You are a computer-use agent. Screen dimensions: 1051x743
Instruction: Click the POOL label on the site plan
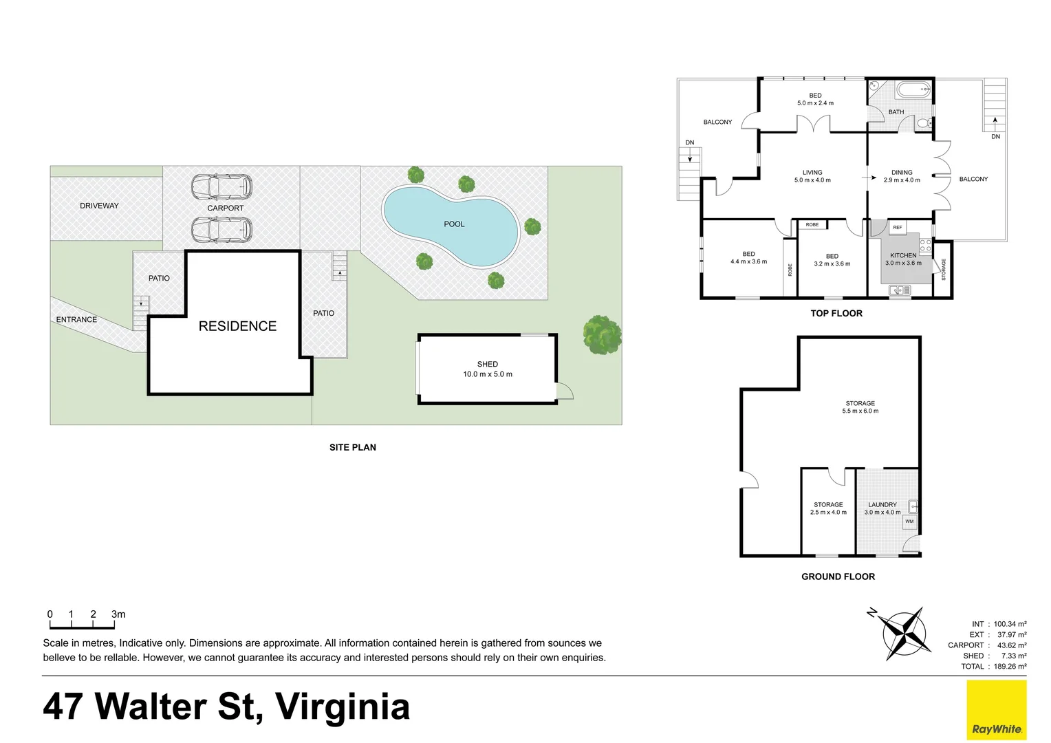(454, 224)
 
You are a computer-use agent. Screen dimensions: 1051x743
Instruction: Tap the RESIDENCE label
(237, 326)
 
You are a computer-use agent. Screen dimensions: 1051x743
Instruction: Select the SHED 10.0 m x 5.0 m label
(488, 369)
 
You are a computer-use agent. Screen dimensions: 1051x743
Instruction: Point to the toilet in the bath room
(923, 123)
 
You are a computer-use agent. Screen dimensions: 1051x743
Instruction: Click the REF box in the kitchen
(897, 228)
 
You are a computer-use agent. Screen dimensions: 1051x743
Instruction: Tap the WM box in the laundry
(909, 521)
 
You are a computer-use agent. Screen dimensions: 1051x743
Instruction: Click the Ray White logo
(996, 710)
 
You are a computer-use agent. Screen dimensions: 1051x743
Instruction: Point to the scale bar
(82, 625)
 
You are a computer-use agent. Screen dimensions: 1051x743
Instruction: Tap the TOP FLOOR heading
(836, 314)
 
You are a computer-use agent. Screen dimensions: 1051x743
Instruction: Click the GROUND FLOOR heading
(838, 577)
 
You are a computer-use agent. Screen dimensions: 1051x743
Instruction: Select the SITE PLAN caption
(352, 447)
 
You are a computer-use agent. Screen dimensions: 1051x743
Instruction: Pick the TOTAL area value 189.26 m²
(1010, 666)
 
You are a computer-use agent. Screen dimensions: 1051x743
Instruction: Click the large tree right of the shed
(602, 335)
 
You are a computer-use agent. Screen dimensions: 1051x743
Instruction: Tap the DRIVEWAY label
(99, 206)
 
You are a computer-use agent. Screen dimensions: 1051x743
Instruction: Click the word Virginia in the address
(342, 707)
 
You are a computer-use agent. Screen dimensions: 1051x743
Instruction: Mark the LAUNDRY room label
(882, 505)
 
